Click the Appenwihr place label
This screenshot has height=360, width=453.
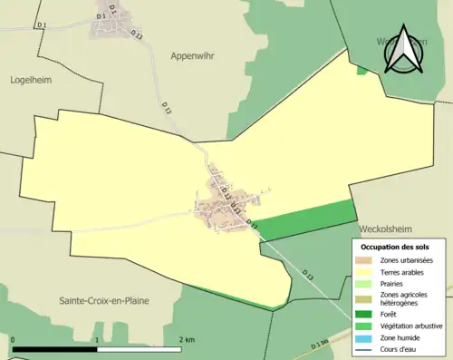tap(195, 55)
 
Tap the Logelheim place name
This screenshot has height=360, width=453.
tap(34, 79)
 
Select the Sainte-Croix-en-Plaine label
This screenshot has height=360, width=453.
tap(104, 300)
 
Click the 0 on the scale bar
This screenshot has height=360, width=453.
tap(14, 340)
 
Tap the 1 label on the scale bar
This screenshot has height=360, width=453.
tap(96, 340)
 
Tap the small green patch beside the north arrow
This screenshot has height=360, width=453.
tap(362, 69)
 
